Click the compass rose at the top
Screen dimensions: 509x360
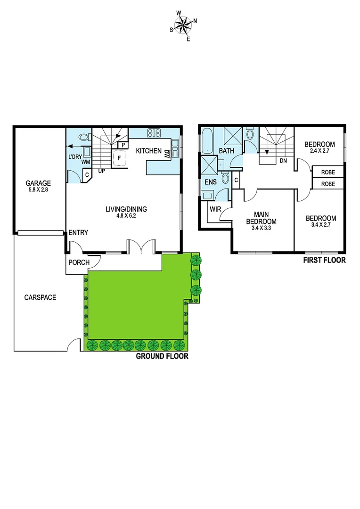183,25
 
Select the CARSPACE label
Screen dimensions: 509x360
40,297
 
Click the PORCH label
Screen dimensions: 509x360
79,263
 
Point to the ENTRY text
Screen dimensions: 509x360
78,233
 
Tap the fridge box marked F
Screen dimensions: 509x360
119,158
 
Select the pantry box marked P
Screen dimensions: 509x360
123,145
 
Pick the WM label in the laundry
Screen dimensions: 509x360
86,162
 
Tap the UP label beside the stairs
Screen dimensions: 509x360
101,171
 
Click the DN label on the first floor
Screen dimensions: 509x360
284,160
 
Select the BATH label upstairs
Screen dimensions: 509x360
226,151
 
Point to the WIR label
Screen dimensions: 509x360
215,208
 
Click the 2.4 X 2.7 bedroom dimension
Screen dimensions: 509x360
319,152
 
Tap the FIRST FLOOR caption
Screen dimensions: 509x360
324,260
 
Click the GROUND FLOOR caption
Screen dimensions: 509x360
162,356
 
